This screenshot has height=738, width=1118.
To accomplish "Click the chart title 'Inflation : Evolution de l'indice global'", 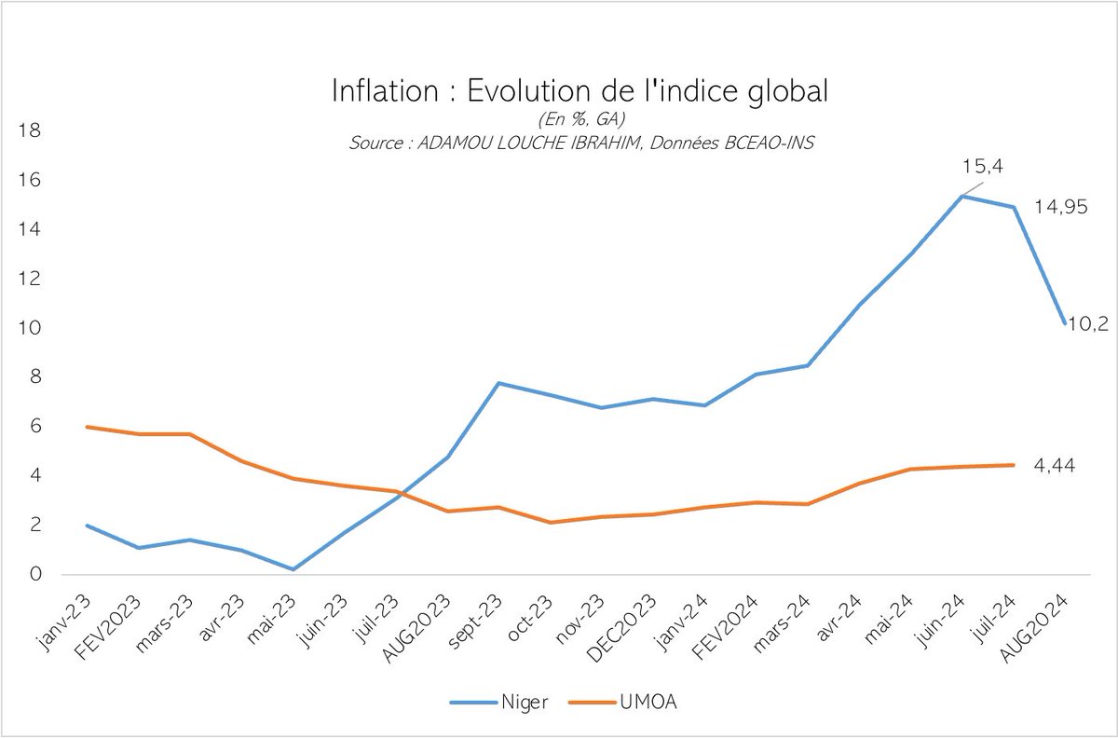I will (x=579, y=91).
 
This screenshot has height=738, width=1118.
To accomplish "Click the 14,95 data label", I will (x=1061, y=208).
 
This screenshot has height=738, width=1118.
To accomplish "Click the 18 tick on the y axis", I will (x=31, y=131).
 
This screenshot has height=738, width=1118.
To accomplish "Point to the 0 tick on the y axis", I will (x=36, y=575).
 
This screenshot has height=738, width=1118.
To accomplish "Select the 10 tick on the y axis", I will (x=31, y=329).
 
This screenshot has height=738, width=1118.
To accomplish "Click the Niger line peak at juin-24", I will (x=962, y=196).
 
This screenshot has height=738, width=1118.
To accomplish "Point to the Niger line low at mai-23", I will (x=293, y=569).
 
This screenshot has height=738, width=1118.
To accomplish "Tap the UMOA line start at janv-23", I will (x=87, y=427).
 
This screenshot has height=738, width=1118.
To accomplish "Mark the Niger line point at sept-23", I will (x=499, y=383).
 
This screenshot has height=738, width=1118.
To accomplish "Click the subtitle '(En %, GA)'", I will (x=579, y=120).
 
